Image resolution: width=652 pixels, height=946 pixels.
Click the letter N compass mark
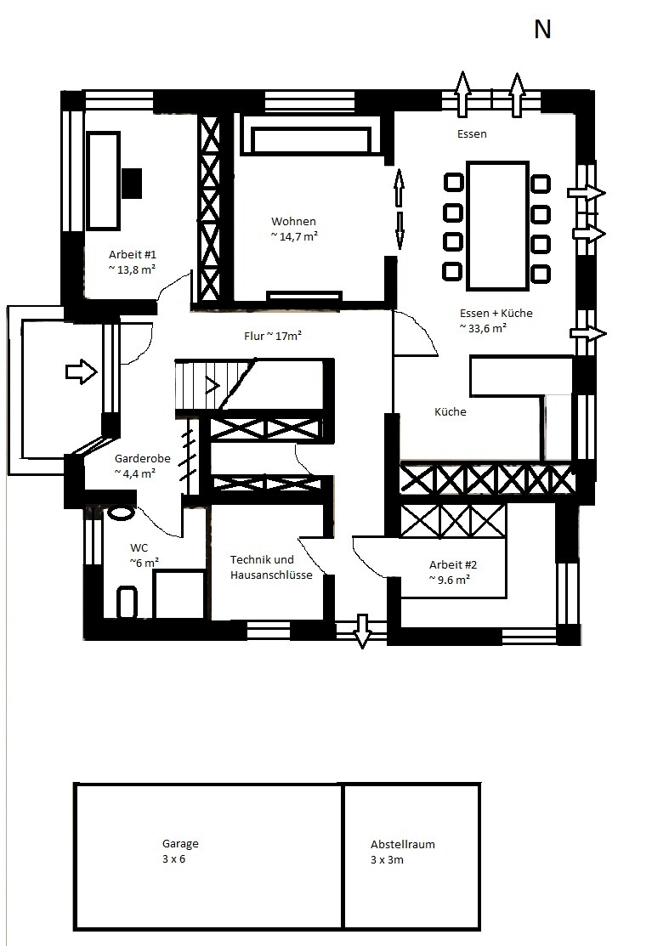(x=542, y=29)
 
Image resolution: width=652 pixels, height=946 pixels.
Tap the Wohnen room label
(x=294, y=222)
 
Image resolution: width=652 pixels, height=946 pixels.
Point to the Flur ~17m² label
(x=273, y=336)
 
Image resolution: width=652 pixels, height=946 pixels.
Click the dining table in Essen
(x=497, y=225)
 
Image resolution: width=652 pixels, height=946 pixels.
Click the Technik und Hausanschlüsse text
(x=271, y=567)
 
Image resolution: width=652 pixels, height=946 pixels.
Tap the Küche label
(x=450, y=411)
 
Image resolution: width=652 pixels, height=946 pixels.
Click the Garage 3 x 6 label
(x=179, y=851)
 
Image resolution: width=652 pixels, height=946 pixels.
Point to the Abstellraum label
(x=403, y=844)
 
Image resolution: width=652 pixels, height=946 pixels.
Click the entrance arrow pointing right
(x=82, y=371)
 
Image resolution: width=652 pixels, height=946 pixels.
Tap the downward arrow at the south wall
(x=362, y=631)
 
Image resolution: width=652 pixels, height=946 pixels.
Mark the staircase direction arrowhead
(x=213, y=384)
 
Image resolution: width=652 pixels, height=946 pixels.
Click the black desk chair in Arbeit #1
(x=132, y=183)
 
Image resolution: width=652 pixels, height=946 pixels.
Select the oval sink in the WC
(x=122, y=513)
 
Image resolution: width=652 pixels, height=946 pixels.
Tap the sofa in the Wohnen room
(x=311, y=140)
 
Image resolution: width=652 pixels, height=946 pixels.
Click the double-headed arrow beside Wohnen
(x=399, y=209)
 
